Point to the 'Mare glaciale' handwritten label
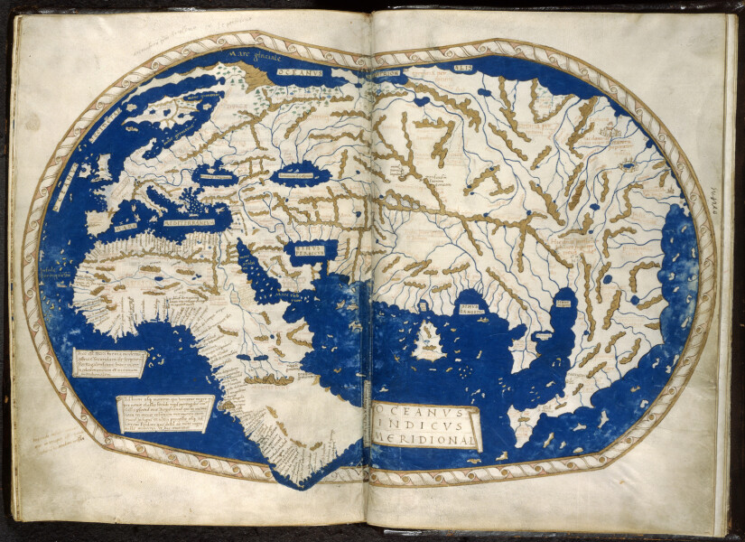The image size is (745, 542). pos(255,55)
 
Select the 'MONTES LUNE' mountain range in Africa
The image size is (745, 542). pos(269,380)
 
